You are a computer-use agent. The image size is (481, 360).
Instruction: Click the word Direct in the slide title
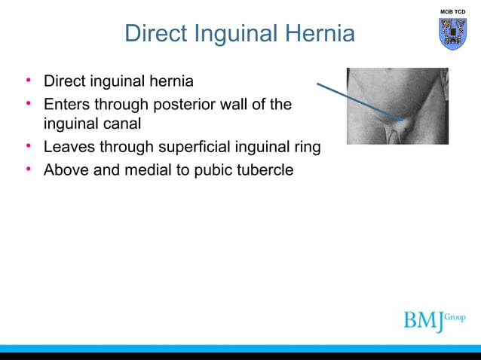[156, 33]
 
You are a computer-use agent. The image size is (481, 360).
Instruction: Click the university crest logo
[452, 34]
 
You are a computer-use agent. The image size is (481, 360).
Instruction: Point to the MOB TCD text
[452, 11]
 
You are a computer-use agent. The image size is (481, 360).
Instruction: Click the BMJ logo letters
[422, 319]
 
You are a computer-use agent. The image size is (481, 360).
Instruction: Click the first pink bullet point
[28, 80]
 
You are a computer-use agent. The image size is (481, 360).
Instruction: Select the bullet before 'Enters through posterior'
[28, 104]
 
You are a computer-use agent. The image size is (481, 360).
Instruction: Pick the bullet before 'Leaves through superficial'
[28, 146]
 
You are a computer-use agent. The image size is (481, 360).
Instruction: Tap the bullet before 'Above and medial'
[28, 169]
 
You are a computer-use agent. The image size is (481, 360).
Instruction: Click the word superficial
[196, 147]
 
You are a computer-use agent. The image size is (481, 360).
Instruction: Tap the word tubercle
[265, 170]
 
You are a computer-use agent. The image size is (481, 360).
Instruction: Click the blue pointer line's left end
[317, 84]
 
